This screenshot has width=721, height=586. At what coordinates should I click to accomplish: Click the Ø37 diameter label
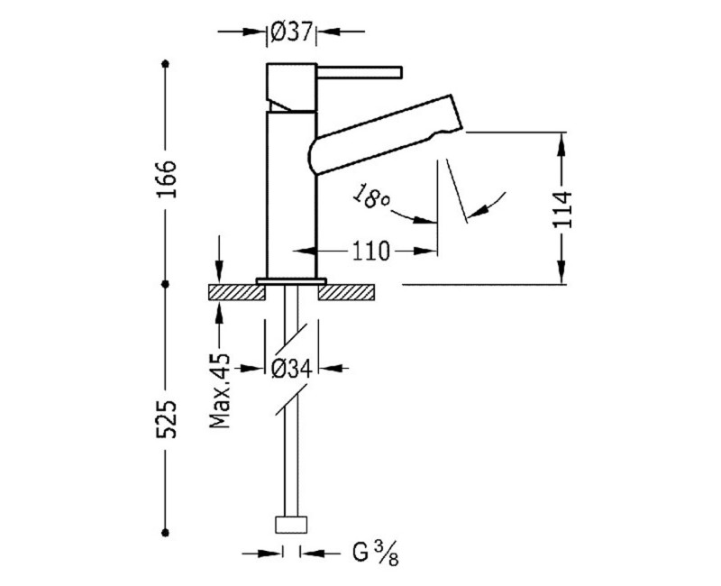(x=291, y=32)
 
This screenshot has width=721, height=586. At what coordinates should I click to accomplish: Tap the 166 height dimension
(x=166, y=179)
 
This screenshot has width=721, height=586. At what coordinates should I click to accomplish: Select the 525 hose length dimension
(x=166, y=419)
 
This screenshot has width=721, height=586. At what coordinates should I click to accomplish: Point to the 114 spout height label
(x=562, y=209)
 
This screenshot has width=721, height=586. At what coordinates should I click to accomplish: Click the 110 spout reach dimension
(x=370, y=252)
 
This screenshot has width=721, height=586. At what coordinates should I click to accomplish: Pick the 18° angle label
(x=371, y=197)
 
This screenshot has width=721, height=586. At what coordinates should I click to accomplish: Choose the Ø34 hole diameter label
(x=291, y=369)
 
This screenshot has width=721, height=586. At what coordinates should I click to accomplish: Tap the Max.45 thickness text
(x=220, y=391)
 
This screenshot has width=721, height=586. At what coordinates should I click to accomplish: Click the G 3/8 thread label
(x=375, y=553)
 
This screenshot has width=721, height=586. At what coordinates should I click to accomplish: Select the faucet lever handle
(x=360, y=72)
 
